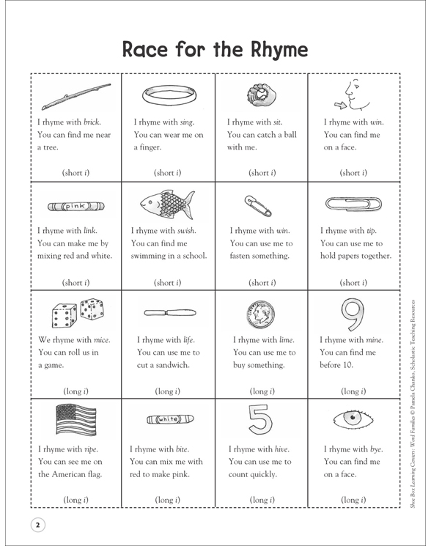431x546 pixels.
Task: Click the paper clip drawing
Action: [354, 203]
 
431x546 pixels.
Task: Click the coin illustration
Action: [259, 313]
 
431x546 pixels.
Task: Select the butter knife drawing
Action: [169, 313]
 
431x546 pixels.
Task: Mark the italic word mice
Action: [93, 339]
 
